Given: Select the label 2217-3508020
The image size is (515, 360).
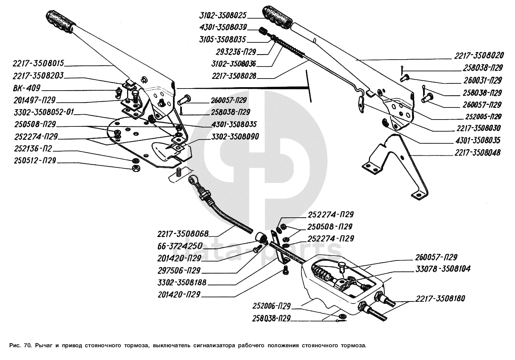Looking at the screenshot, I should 479,55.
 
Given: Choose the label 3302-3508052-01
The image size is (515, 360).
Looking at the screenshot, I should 41,112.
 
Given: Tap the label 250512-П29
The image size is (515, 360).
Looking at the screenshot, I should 34,161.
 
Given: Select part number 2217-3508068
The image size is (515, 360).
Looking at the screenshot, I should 183,234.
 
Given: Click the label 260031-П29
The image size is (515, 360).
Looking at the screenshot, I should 482,81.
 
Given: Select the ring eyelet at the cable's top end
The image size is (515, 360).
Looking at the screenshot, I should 193,179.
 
